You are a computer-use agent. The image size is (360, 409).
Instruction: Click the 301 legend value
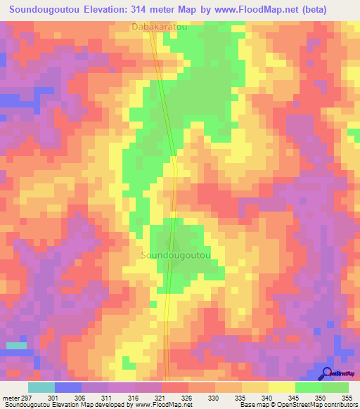[x=69, y=397]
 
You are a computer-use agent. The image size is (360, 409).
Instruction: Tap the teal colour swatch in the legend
[x=41, y=387]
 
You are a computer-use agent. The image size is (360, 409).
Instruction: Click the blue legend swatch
[x=67, y=387]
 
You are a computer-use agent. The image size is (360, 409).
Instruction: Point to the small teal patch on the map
[x=16, y=346]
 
